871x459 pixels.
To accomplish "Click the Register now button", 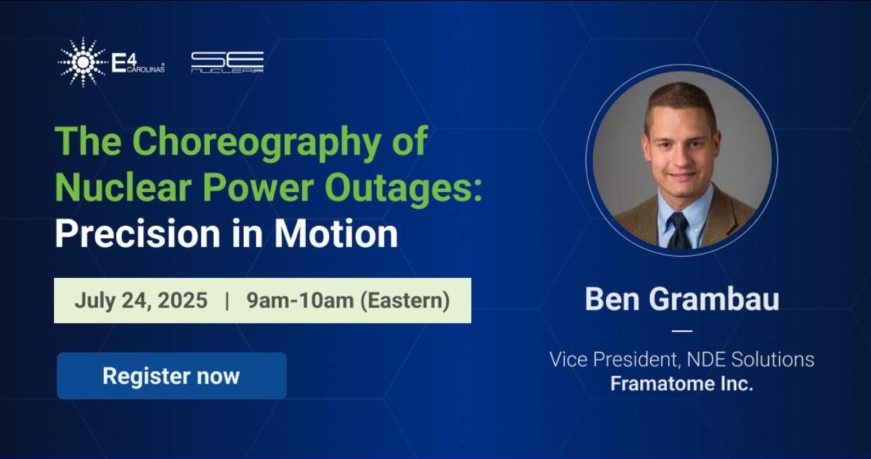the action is pyautogui.click(x=171, y=375).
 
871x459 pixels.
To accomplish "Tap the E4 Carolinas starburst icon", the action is pyautogui.click(x=82, y=62).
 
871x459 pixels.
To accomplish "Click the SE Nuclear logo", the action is pyautogui.click(x=228, y=62).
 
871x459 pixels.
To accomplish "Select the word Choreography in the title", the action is pyautogui.click(x=256, y=141).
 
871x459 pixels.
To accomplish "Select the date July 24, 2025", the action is pyautogui.click(x=141, y=301).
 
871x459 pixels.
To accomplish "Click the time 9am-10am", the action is pyautogui.click(x=300, y=301).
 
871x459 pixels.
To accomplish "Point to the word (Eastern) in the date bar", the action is pyautogui.click(x=405, y=301).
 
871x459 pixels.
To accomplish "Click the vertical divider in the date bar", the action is pyautogui.click(x=227, y=301).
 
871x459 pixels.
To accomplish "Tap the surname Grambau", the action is pyautogui.click(x=714, y=299).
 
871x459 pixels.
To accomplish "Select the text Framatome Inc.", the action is pyautogui.click(x=681, y=383).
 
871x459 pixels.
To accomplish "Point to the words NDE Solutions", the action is pyautogui.click(x=751, y=360).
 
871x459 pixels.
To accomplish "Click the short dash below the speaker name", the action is pyautogui.click(x=682, y=331).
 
